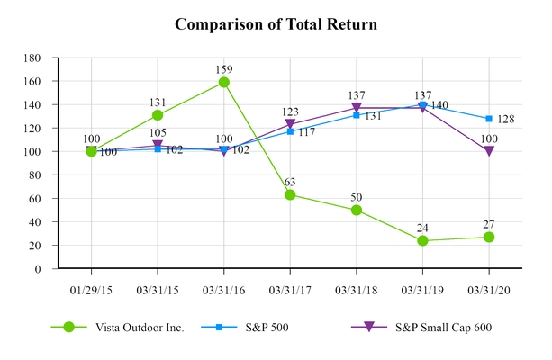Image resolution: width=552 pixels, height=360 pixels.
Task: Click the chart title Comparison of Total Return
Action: [276, 24]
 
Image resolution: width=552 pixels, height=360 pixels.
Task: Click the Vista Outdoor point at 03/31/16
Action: [223, 82]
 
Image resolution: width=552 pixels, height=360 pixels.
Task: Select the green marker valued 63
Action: [290, 194]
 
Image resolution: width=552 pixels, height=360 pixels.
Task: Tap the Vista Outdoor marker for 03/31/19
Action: [422, 240]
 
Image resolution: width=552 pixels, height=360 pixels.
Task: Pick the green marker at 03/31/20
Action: [489, 237]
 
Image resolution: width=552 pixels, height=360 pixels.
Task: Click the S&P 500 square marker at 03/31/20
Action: [489, 119]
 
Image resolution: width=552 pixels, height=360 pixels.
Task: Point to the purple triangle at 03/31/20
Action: [489, 151]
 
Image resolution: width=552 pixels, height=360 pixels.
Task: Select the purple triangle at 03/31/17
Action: [290, 124]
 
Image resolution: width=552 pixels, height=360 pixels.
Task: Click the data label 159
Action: [223, 67]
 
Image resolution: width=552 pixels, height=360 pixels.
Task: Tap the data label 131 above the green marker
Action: [158, 102]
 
